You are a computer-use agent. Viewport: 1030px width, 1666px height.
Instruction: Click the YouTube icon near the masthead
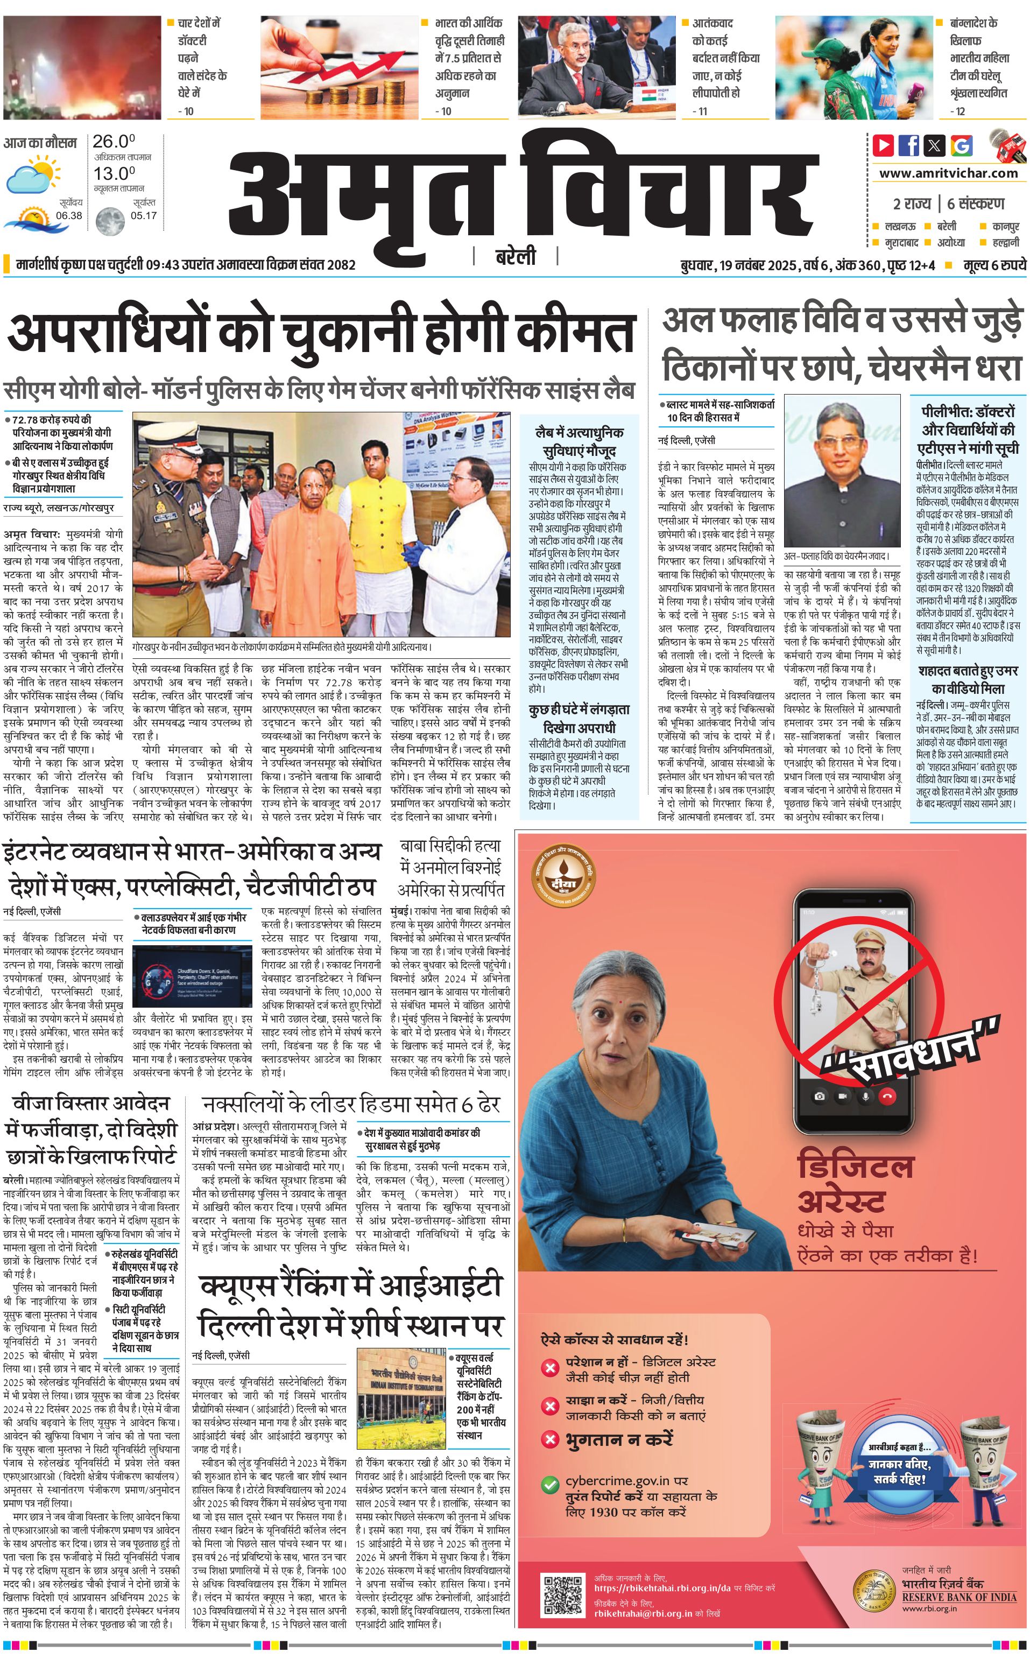click(884, 145)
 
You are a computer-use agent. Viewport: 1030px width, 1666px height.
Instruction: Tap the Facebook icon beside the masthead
click(909, 145)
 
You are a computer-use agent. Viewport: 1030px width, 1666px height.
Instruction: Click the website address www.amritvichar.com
click(948, 173)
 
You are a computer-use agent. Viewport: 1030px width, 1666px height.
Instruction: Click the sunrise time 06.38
click(69, 215)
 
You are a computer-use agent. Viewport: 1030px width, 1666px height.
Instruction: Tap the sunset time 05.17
click(143, 215)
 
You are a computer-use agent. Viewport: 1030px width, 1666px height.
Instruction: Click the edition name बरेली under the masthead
click(515, 257)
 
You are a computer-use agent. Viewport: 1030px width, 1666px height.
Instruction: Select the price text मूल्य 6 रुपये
click(994, 265)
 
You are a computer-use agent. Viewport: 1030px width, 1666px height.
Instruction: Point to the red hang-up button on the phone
click(887, 1095)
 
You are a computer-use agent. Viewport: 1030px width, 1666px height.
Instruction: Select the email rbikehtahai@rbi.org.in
click(643, 1613)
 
